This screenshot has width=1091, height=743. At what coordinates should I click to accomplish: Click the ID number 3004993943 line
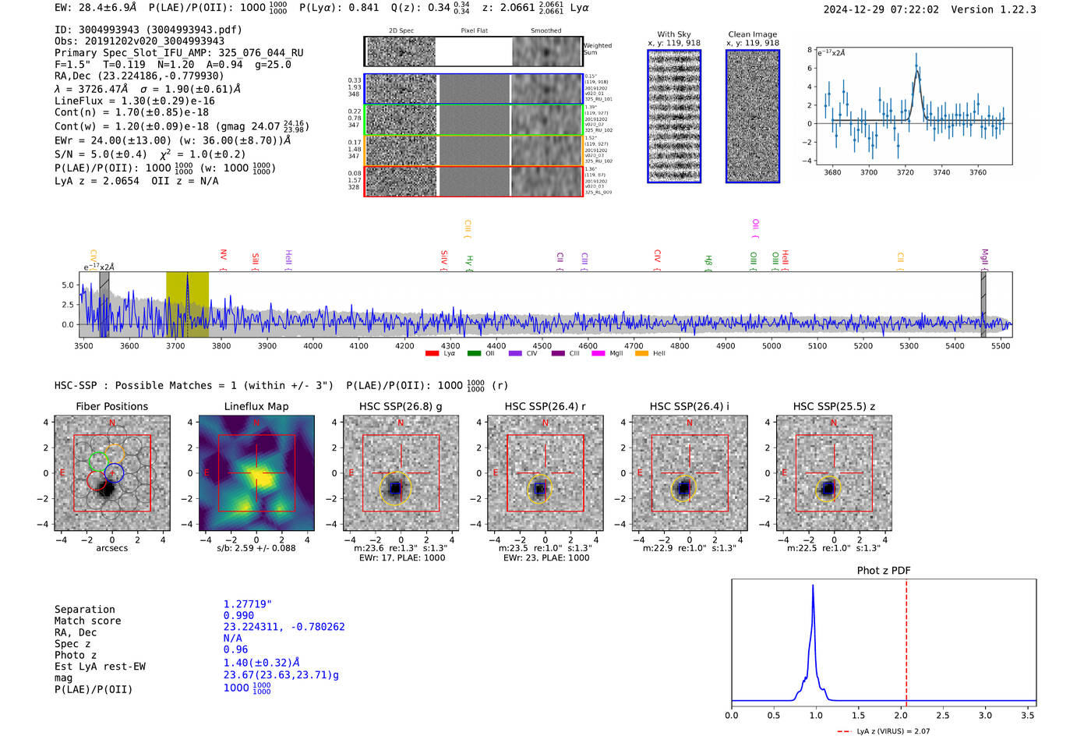tap(148, 30)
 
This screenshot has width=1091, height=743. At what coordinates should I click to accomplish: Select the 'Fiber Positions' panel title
tap(111, 406)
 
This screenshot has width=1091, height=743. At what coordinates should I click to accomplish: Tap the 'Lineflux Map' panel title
tap(256, 406)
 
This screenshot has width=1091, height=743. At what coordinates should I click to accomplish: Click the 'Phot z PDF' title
tap(884, 570)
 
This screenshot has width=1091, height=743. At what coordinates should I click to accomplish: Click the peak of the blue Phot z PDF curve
tap(813, 586)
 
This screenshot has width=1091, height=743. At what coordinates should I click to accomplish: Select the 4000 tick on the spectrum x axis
tap(312, 345)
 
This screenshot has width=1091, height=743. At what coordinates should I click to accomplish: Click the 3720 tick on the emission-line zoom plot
tap(905, 172)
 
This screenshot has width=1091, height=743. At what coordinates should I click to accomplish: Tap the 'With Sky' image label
tap(673, 34)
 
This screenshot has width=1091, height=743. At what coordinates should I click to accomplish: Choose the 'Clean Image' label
tap(752, 34)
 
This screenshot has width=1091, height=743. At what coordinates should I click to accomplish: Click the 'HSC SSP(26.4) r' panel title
tap(545, 406)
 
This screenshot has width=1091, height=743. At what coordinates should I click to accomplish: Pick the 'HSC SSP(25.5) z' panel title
tap(834, 406)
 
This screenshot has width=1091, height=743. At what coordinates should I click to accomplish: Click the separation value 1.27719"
tap(248, 604)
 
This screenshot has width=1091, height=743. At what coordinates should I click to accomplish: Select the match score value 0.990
tap(238, 615)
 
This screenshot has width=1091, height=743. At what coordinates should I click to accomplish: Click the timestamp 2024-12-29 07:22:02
tap(881, 9)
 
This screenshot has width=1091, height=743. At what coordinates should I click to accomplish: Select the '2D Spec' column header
tap(401, 30)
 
